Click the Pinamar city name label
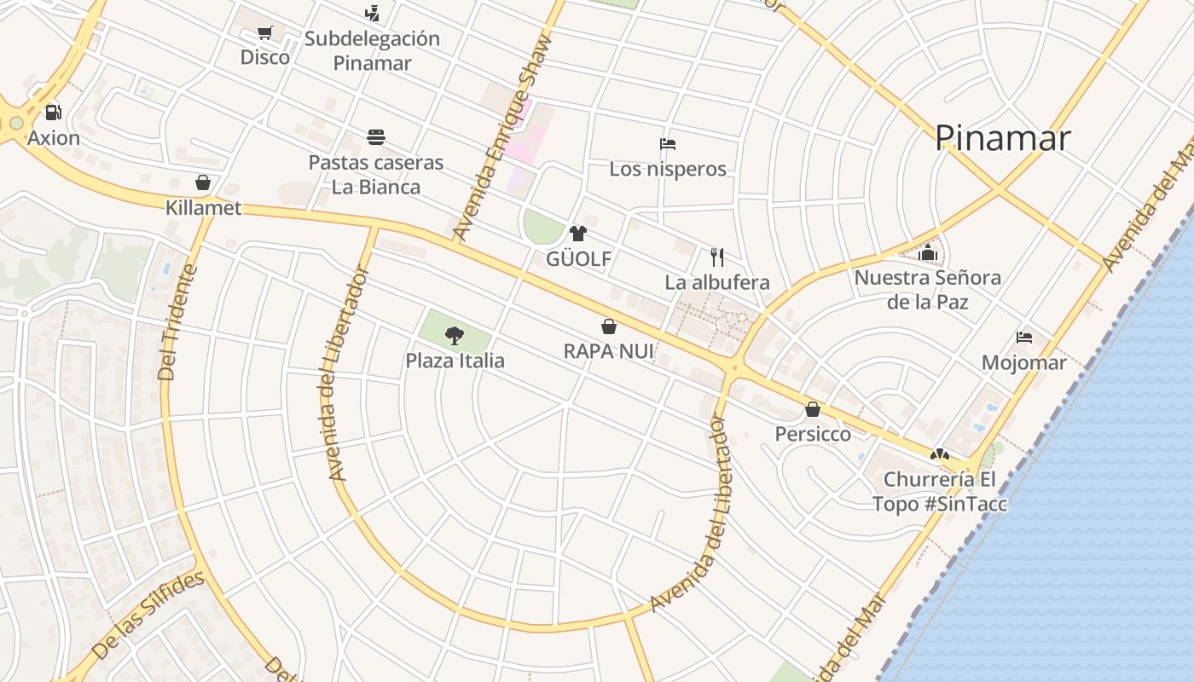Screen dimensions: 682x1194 tap(1002, 138)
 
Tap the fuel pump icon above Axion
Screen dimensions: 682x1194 tap(53, 113)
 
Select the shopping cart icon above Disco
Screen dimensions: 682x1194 tap(264, 33)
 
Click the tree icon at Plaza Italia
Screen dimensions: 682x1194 tap(455, 336)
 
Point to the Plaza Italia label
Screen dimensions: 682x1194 tap(455, 361)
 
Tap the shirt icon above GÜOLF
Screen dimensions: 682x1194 tap(578, 234)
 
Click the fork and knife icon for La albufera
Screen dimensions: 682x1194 tap(717, 257)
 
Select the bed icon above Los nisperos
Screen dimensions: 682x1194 tap(668, 144)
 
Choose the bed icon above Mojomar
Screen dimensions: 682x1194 tap(1024, 338)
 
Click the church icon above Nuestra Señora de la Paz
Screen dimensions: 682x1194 tap(928, 252)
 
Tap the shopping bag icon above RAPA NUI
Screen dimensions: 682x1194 tap(609, 327)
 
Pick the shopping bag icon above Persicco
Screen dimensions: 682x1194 tap(813, 409)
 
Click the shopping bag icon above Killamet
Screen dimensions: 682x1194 tap(203, 182)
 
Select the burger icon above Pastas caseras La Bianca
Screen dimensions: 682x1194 tap(376, 137)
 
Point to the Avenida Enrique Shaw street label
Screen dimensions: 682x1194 tap(503, 136)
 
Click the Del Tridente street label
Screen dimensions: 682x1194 tap(179, 323)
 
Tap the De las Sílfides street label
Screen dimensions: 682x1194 tap(148, 616)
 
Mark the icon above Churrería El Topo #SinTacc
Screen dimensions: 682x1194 tap(939, 455)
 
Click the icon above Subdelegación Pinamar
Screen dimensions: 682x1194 tap(372, 14)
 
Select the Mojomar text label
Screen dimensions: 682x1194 tap(1023, 363)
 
